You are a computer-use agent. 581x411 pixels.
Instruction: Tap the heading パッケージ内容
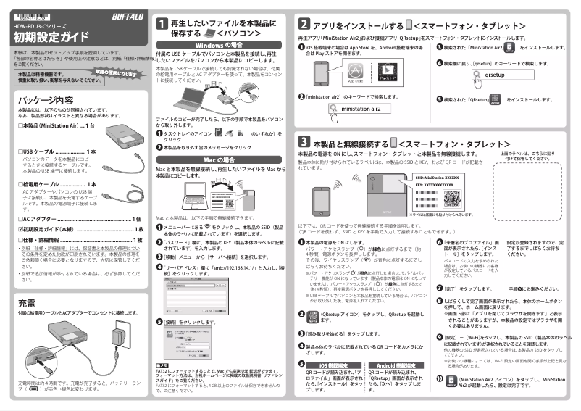tap(45, 99)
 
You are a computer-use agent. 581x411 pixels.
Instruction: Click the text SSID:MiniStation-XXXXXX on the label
tap(437, 178)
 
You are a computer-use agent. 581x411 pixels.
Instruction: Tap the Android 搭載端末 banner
tap(396, 366)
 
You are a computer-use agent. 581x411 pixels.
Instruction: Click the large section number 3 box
tap(305, 140)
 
